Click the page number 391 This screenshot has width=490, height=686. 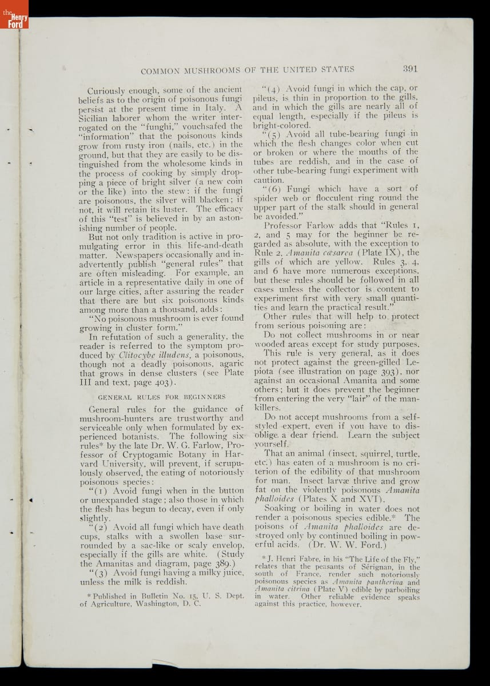[x=410, y=69]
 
